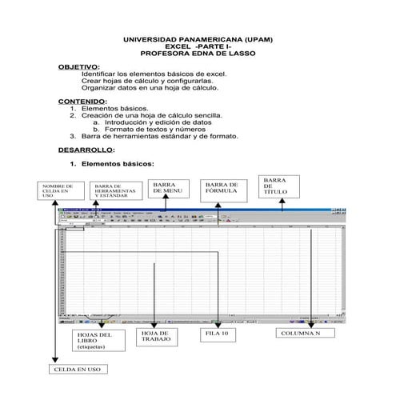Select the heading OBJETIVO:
point(79,67)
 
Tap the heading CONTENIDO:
point(83,102)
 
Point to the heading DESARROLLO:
point(87,150)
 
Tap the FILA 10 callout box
point(217,332)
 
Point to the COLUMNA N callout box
point(302,332)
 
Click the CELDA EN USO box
point(77,371)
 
